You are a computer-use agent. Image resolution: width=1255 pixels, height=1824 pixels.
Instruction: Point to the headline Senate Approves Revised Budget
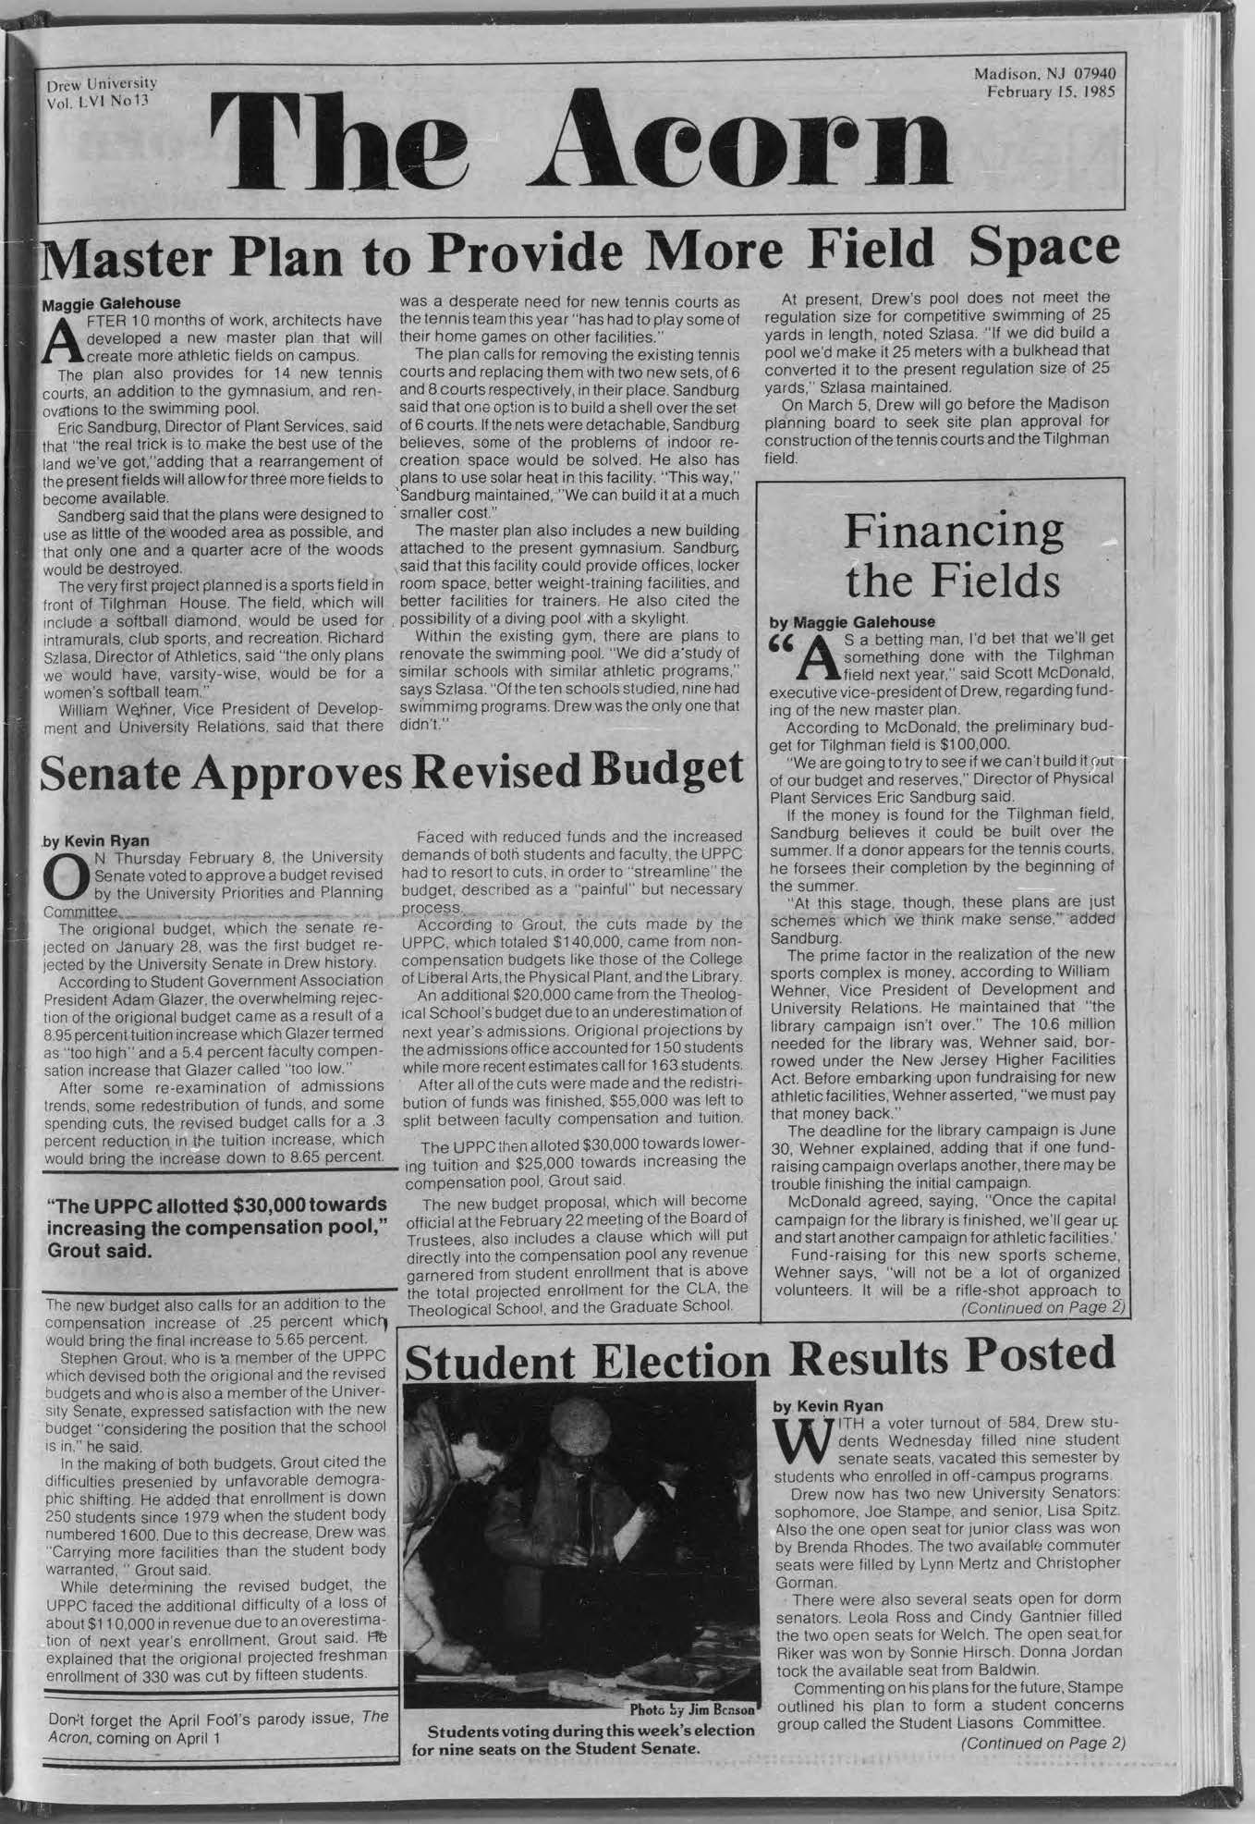coord(392,769)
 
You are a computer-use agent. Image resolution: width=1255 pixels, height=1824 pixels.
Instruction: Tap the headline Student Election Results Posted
coord(760,1359)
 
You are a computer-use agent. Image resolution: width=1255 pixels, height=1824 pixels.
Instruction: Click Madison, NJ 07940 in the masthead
coord(1043,73)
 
